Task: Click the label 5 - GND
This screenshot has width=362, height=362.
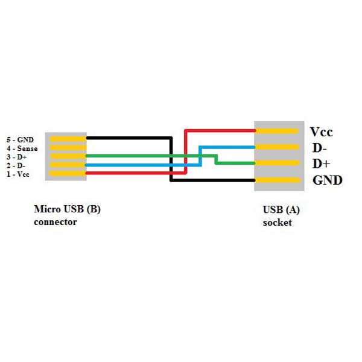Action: (20, 139)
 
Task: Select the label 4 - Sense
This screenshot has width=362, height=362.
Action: (22, 148)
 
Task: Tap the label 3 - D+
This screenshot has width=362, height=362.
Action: (18, 157)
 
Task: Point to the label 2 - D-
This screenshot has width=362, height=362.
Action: (17, 165)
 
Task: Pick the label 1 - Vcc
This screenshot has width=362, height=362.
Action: (19, 174)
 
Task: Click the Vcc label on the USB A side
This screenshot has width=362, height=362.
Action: (321, 132)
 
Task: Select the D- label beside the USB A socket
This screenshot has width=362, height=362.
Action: (319, 148)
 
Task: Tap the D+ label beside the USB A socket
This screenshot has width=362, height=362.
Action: (320, 164)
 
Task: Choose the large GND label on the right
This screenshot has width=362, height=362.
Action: (327, 180)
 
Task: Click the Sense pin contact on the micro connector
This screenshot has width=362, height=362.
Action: (68, 147)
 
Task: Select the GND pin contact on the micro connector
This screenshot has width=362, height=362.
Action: (68, 138)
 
